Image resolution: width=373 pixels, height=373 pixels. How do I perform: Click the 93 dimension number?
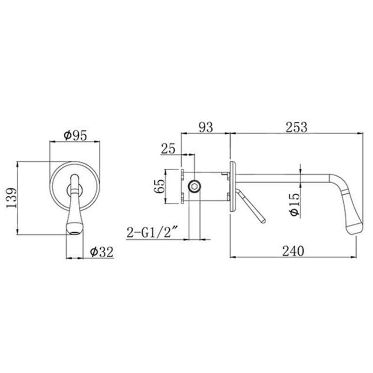point(205,127)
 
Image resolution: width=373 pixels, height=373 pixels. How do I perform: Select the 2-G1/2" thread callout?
point(153,232)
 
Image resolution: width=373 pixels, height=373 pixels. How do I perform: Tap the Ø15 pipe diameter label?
point(294,204)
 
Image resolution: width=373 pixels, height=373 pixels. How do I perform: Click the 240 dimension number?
point(292,250)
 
